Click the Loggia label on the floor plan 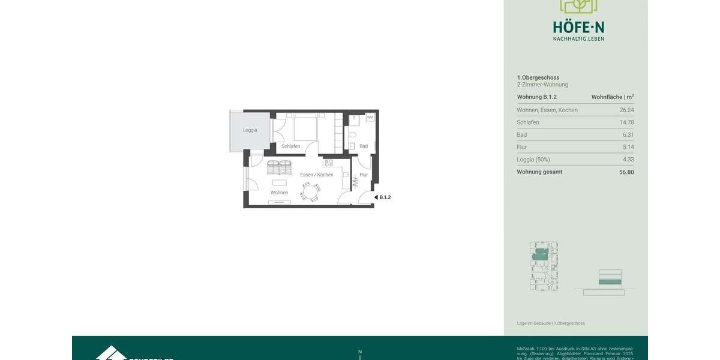coord(250,130)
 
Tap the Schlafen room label coord(291,146)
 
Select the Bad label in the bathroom coord(364,146)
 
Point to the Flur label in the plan coord(364,175)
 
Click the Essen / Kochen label coord(317,175)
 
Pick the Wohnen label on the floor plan coord(279,193)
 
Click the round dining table coord(310,192)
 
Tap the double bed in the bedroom coord(305,127)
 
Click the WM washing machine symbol coord(370,118)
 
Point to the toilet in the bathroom coord(353,134)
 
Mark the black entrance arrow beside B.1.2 coord(376,197)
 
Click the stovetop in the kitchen coord(328,163)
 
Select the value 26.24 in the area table coord(626,110)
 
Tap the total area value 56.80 coord(626,172)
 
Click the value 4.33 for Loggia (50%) coord(628,160)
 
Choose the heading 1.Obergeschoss coord(538,77)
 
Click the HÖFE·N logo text coord(578,28)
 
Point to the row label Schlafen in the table coord(528,122)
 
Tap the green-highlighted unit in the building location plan coord(540,255)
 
